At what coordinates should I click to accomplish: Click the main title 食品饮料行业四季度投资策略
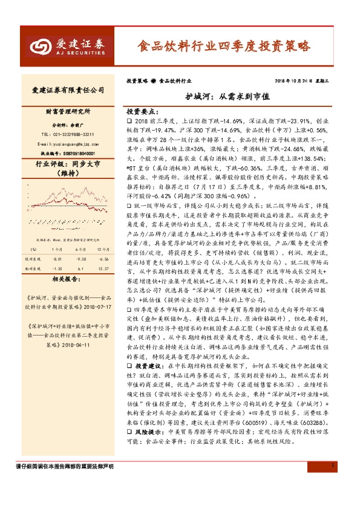pos(224,46)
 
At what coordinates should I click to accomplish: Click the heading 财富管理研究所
pos(68,112)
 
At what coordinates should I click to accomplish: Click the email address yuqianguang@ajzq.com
pos(68,144)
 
